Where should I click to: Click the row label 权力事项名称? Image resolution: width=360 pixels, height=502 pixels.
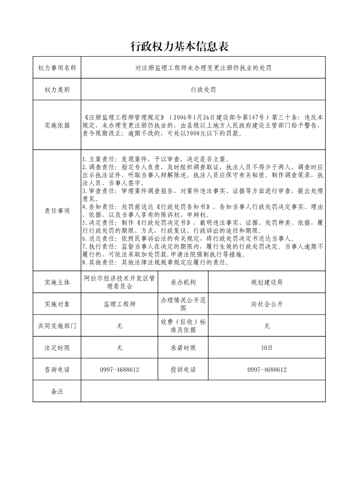pos(57,68)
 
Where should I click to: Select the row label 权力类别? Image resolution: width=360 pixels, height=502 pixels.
pos(57,90)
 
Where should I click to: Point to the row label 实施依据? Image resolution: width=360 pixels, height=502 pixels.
pos(57,125)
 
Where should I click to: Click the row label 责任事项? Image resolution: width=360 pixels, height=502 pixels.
pos(57,210)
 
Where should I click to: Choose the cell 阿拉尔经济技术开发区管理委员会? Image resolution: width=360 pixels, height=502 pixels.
pos(120,282)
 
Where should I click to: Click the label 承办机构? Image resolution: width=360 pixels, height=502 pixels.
pos(183,282)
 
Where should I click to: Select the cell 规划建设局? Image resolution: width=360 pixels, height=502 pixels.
pos(267,282)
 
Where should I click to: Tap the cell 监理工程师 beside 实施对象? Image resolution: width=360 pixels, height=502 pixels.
pos(120,304)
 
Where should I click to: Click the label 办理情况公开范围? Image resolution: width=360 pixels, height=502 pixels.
pos(183,304)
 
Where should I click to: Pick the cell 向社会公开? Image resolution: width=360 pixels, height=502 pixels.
pos(267,304)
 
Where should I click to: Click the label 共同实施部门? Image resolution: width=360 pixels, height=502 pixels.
pos(57,326)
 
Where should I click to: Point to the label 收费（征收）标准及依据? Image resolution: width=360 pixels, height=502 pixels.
pos(183,326)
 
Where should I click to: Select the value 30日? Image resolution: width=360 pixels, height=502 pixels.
pos(267,348)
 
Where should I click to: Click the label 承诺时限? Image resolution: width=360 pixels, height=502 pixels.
pos(183,348)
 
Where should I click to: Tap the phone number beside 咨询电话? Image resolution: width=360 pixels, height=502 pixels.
pos(120,370)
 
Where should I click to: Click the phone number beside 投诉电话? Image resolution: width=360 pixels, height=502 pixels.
pos(267,370)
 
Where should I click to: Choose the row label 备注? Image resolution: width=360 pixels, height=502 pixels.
pos(57,391)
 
